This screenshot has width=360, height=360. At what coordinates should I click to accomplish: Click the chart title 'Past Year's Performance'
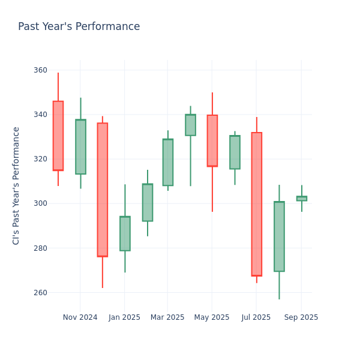click(x=79, y=27)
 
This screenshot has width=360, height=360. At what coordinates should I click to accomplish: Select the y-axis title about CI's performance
click(x=16, y=185)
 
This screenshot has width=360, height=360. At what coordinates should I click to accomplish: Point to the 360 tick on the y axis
click(x=40, y=70)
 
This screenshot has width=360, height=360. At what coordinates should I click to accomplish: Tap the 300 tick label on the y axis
click(x=40, y=203)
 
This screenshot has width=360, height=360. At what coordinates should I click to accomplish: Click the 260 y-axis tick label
click(x=40, y=293)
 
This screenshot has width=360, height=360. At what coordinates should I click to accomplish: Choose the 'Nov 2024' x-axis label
click(x=80, y=317)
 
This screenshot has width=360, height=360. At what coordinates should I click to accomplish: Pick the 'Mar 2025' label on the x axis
click(x=167, y=317)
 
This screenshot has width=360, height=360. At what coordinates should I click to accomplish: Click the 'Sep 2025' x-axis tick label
click(x=301, y=317)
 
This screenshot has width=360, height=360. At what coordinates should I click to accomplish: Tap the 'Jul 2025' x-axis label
click(x=256, y=317)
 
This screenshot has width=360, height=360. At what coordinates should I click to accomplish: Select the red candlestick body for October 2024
click(x=58, y=136)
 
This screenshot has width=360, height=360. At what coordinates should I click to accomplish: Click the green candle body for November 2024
click(x=80, y=147)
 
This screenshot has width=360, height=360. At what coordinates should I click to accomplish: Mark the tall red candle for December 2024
click(x=103, y=190)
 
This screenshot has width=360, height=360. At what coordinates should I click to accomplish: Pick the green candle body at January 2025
click(x=125, y=233)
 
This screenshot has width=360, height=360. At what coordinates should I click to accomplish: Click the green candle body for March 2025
click(x=168, y=162)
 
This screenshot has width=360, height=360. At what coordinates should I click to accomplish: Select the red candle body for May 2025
click(x=212, y=140)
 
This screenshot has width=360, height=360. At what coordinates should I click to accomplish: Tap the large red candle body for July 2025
click(x=257, y=204)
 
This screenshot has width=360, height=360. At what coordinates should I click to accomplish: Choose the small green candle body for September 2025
click(x=301, y=198)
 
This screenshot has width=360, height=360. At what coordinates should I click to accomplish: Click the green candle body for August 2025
click(x=279, y=236)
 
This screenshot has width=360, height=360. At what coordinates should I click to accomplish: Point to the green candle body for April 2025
click(x=190, y=125)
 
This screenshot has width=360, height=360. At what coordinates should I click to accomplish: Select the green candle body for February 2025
click(x=147, y=202)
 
